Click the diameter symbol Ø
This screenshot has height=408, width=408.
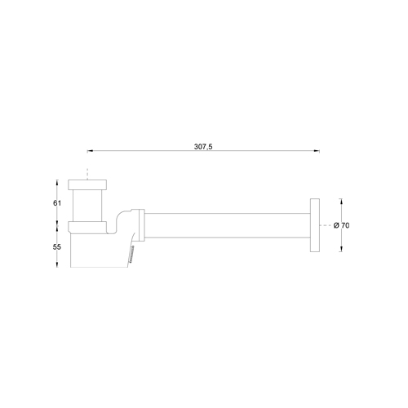click(335, 226)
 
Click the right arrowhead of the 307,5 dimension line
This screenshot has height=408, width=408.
click(316, 151)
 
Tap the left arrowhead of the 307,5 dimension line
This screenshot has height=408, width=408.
click(90, 151)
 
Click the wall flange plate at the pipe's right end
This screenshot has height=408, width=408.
click(315, 226)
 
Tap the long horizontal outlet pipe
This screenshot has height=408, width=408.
click(228, 226)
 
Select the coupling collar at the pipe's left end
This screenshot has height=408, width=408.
click(143, 226)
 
